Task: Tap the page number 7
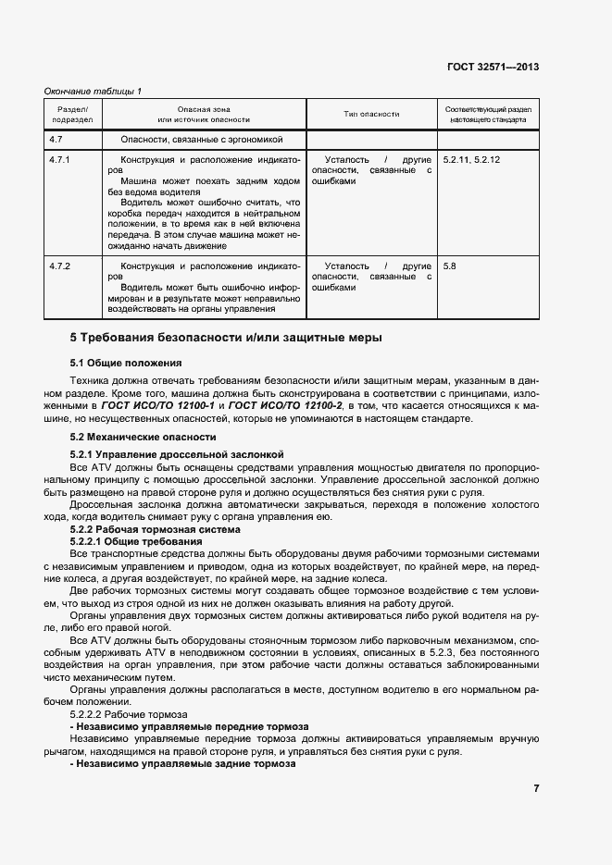coord(536,788)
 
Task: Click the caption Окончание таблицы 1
coord(94,91)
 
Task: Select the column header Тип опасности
coord(371,114)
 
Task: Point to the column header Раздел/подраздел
coord(72,114)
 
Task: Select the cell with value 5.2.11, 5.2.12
coord(471,160)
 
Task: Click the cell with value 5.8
coord(450,266)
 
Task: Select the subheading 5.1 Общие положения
coord(126,363)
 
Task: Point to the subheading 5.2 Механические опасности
coord(144,436)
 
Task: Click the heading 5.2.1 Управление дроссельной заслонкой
coord(177,454)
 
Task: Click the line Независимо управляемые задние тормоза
coord(182,764)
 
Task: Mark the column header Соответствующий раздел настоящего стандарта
coord(489,114)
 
